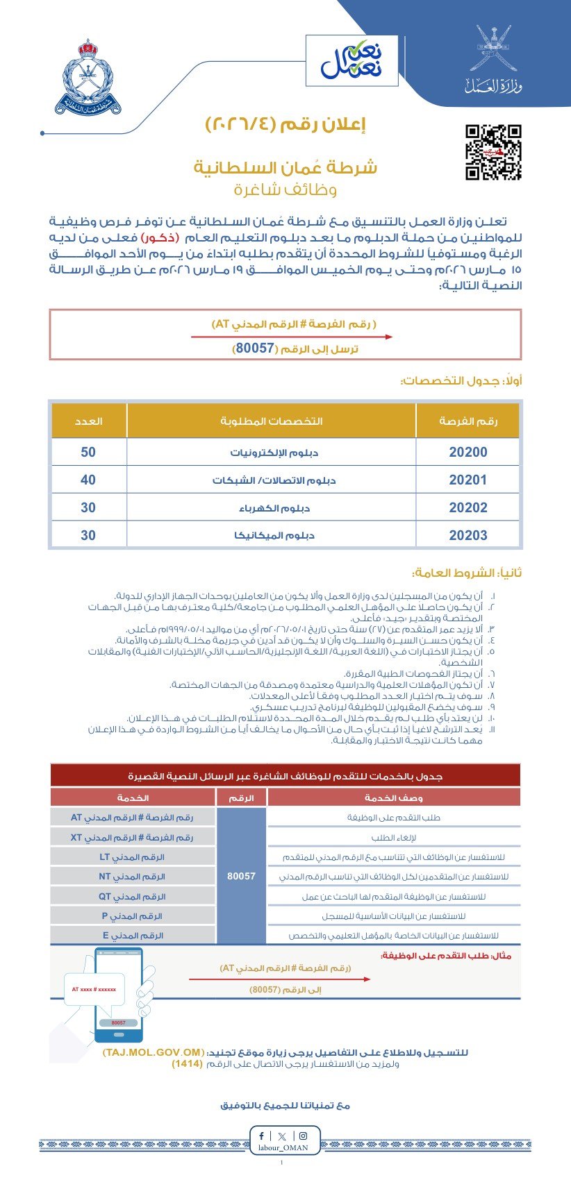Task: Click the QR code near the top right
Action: click(x=493, y=153)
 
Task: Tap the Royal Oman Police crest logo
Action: click(x=88, y=78)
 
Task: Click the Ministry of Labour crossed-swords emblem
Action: click(x=493, y=49)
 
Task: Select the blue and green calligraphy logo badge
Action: click(x=351, y=61)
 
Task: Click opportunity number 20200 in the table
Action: click(x=468, y=453)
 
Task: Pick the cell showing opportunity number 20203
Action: click(x=468, y=536)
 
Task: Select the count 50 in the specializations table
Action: click(x=88, y=453)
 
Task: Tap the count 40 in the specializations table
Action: click(x=88, y=480)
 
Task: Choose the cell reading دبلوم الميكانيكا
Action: click(x=272, y=536)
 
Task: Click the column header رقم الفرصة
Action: click(x=468, y=421)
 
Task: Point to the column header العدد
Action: click(x=89, y=421)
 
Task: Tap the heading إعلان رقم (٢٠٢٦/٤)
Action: click(x=285, y=125)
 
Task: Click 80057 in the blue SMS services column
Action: click(x=241, y=877)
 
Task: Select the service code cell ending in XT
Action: click(x=132, y=838)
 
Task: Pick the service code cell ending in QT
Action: click(x=132, y=897)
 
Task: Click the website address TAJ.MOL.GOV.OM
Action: click(x=154, y=1052)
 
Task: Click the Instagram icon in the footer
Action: click(x=303, y=1136)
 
